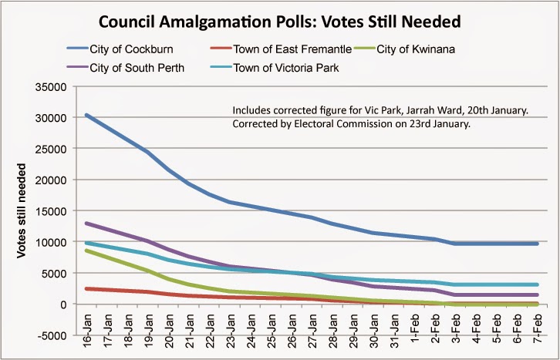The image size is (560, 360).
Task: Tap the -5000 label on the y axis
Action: (x=54, y=335)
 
